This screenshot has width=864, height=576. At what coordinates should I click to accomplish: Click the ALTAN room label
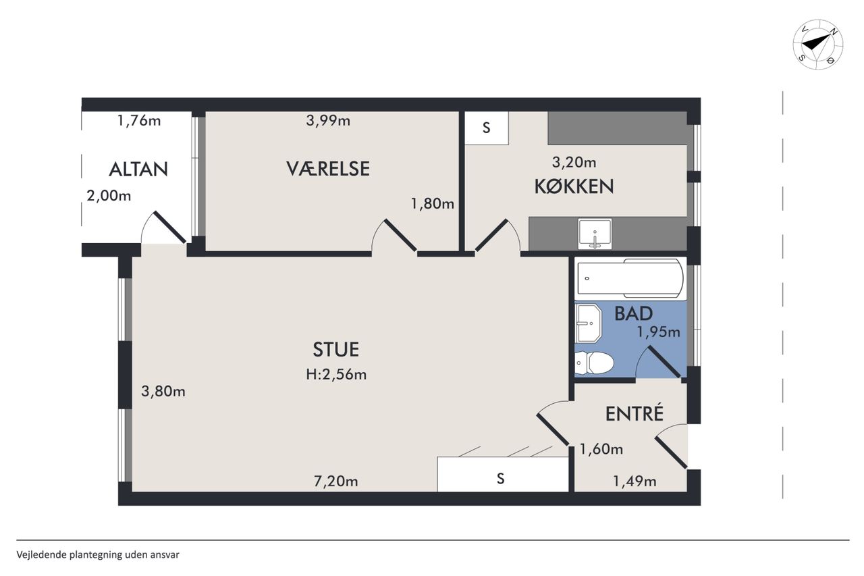[138, 169]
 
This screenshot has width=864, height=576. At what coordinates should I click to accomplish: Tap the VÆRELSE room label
[328, 169]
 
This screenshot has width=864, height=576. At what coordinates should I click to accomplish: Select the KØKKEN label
[574, 186]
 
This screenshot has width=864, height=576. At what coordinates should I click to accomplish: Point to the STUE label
[335, 350]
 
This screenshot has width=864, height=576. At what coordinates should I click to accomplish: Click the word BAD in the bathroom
[633, 313]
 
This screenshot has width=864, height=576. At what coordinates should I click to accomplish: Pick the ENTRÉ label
[634, 413]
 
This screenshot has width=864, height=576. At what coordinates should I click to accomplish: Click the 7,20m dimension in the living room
[336, 481]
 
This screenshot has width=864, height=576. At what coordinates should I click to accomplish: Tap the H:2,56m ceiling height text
[336, 374]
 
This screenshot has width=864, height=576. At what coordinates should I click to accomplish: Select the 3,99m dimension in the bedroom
[328, 121]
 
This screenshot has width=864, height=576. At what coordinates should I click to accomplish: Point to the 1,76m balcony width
[139, 121]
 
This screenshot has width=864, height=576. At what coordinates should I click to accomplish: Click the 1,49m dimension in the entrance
[634, 481]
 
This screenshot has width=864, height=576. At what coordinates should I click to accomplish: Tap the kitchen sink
[595, 234]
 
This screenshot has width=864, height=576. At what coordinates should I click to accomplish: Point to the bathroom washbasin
[588, 323]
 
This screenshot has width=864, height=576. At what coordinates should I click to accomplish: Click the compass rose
[817, 45]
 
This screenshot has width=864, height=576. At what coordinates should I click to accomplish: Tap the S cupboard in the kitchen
[487, 128]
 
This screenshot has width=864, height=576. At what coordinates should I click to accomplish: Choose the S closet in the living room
[503, 474]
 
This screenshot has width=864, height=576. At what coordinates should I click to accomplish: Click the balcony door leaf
[169, 228]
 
